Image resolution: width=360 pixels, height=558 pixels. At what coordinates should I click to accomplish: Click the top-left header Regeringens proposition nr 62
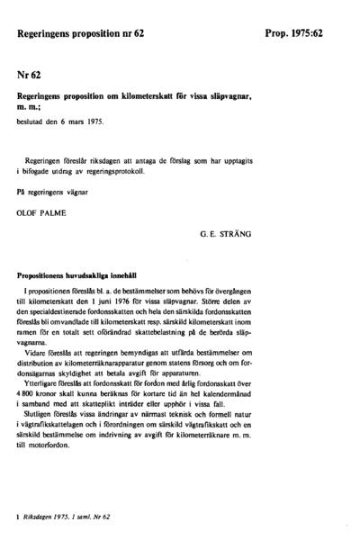pos(80,33)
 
